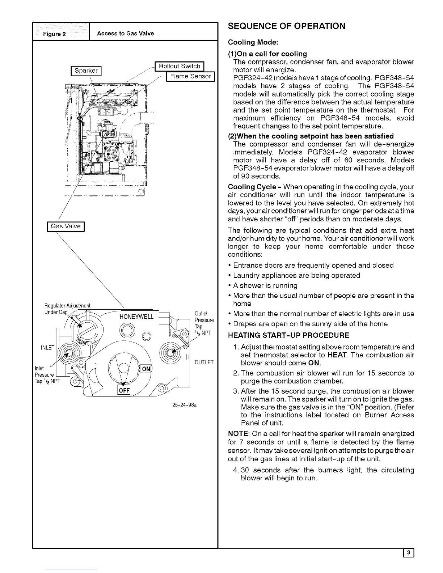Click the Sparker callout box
pyautogui.click(x=86, y=71)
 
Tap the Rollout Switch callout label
pyautogui.click(x=180, y=66)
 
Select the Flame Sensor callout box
pyautogui.click(x=190, y=76)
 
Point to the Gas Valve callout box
pyautogui.click(x=66, y=226)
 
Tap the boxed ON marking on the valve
pyautogui.click(x=146, y=369)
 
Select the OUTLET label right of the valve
pyautogui.click(x=204, y=362)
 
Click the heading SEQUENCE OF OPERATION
pyautogui.click(x=286, y=26)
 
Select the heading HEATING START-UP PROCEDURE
pyautogui.click(x=288, y=335)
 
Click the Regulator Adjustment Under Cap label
pyautogui.click(x=67, y=309)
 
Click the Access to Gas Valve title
pyautogui.click(x=125, y=33)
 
